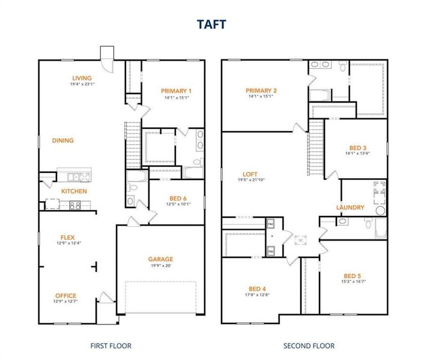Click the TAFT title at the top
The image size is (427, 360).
pos(213,25)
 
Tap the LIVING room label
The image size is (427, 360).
pos(82,78)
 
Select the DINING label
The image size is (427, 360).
pos(62,140)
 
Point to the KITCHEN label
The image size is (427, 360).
pos(74,191)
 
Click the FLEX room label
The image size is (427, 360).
pos(67,237)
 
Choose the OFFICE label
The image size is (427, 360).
pos(65,295)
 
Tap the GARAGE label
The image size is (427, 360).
pos(160,259)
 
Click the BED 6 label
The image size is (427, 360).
pos(178,199)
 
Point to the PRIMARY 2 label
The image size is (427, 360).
pos(261,91)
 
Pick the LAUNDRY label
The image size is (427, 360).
pos(350,208)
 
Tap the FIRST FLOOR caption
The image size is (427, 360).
pos(111,346)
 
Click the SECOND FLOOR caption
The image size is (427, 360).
pos(309,346)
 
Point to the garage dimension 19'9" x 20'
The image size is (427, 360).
pos(160,266)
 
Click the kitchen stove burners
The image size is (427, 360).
pos(76,205)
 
